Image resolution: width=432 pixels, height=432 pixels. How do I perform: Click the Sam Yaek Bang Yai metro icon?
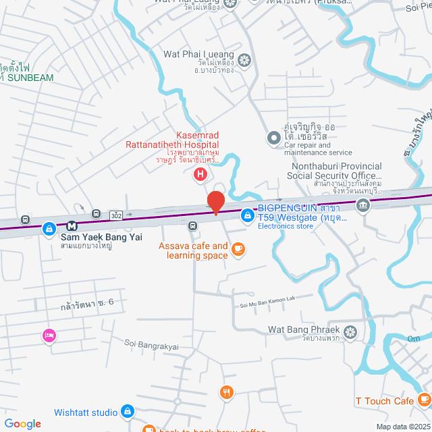(x=71, y=225)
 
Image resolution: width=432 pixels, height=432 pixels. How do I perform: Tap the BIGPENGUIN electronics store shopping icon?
(x=248, y=215)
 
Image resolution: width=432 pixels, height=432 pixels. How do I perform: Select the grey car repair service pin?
(x=274, y=138)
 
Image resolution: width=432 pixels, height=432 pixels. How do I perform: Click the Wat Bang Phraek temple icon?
(x=350, y=331)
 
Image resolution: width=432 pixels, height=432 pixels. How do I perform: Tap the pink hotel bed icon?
(x=49, y=335)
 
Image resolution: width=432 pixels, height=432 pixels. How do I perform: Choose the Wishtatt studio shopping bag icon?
(x=128, y=412)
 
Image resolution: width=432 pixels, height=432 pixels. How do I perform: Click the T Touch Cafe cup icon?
(x=423, y=401)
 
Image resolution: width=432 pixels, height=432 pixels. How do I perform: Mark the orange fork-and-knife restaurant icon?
(x=227, y=391)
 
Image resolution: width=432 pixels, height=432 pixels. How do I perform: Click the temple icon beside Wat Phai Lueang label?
(x=244, y=60)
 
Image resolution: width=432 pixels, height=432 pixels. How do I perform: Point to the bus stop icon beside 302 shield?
(x=97, y=213)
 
